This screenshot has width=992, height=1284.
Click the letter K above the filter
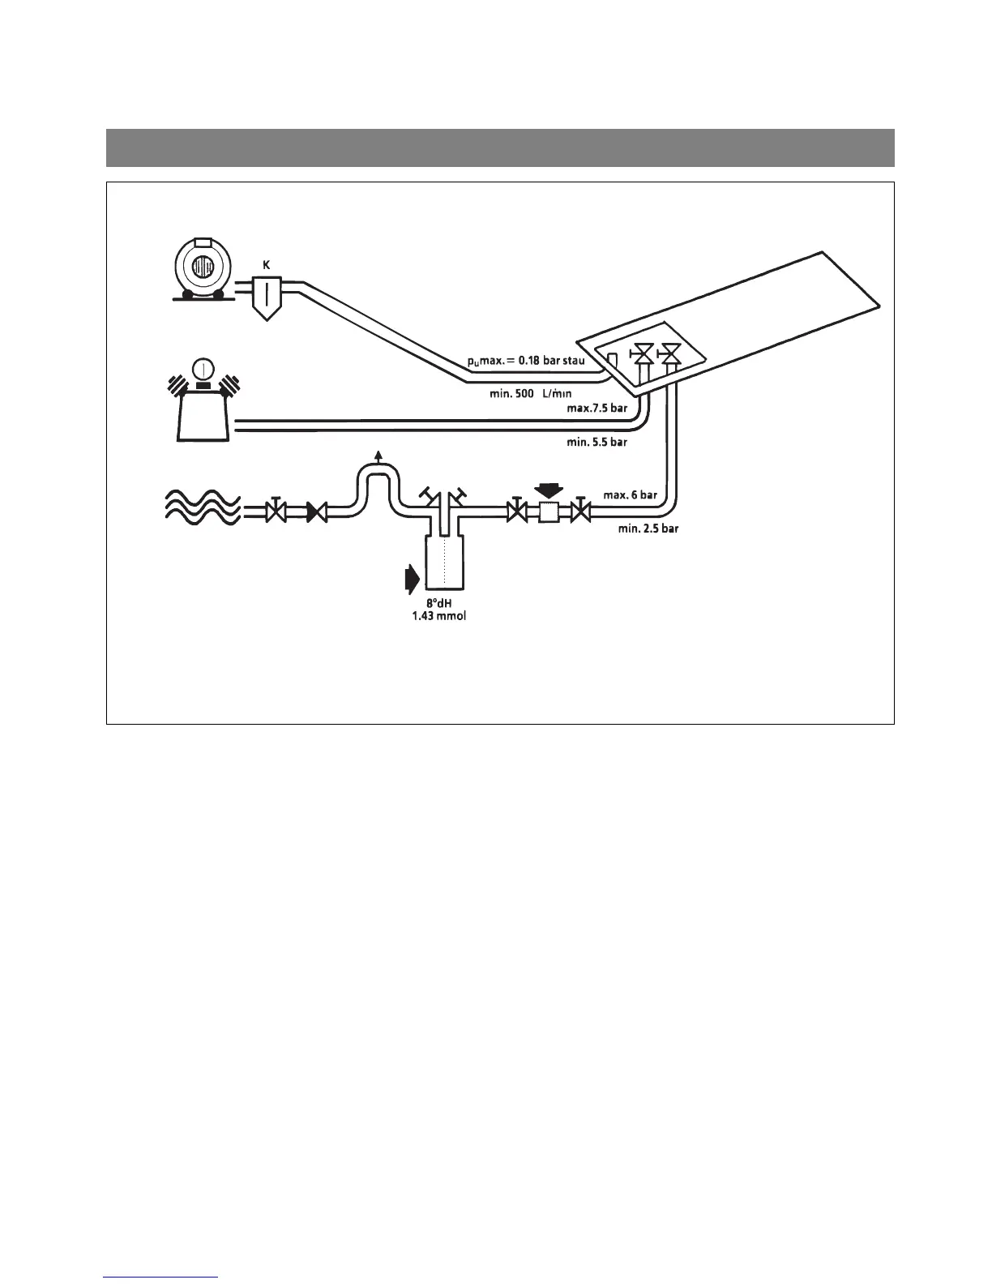(x=266, y=264)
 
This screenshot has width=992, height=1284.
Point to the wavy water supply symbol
(x=201, y=509)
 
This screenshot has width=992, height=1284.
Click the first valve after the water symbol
(x=276, y=511)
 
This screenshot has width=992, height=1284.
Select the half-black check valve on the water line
(x=316, y=512)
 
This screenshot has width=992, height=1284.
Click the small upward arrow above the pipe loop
(x=376, y=452)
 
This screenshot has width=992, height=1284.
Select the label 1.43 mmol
(x=439, y=617)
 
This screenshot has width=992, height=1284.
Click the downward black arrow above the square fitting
(x=549, y=490)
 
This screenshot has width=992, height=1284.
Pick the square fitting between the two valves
(x=548, y=511)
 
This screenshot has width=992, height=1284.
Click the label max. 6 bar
(x=630, y=494)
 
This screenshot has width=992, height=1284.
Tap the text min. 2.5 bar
(x=648, y=529)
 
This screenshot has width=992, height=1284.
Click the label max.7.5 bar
(x=597, y=408)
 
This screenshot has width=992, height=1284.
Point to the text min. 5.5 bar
(x=596, y=443)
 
